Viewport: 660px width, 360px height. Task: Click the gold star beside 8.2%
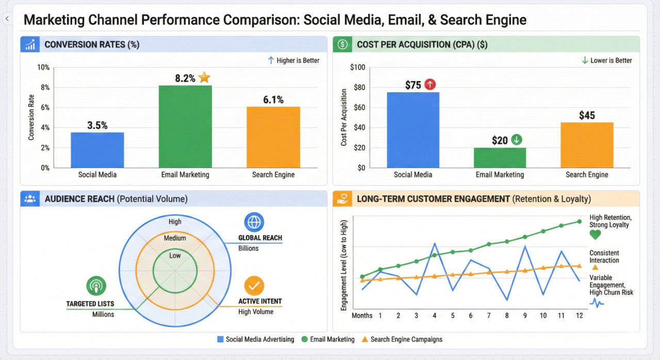click(x=205, y=78)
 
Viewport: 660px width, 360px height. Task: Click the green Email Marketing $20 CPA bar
click(x=500, y=158)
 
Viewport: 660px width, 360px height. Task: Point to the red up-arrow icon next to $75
click(x=430, y=85)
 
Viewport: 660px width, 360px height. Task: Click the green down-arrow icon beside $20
click(x=516, y=140)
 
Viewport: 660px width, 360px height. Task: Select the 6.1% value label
click(x=273, y=100)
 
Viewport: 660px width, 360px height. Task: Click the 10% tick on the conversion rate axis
click(x=43, y=68)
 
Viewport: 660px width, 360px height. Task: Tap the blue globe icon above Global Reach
click(x=254, y=222)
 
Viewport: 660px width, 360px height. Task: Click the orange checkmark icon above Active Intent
click(x=254, y=286)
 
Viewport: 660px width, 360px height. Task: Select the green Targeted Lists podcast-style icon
click(x=96, y=286)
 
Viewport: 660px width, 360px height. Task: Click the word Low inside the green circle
click(x=175, y=256)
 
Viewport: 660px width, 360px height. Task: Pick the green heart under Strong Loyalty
click(x=595, y=235)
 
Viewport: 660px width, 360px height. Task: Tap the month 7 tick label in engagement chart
click(x=489, y=316)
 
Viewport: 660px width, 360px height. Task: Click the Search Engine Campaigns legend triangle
click(x=365, y=339)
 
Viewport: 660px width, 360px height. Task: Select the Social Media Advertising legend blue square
click(x=221, y=339)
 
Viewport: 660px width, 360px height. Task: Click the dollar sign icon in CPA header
click(x=343, y=44)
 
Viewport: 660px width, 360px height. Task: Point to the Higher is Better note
click(x=293, y=60)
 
